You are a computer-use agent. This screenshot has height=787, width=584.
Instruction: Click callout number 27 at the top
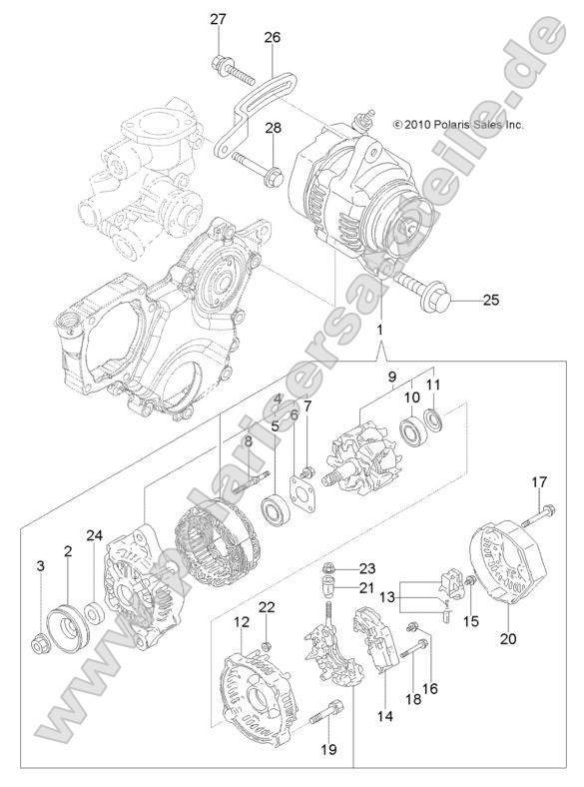pyautogui.click(x=218, y=19)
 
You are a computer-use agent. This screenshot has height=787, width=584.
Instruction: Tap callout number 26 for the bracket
pyautogui.click(x=272, y=37)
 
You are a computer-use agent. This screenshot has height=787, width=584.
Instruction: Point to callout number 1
pyautogui.click(x=378, y=330)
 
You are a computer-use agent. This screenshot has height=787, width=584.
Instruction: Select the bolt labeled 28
pyautogui.click(x=259, y=177)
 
